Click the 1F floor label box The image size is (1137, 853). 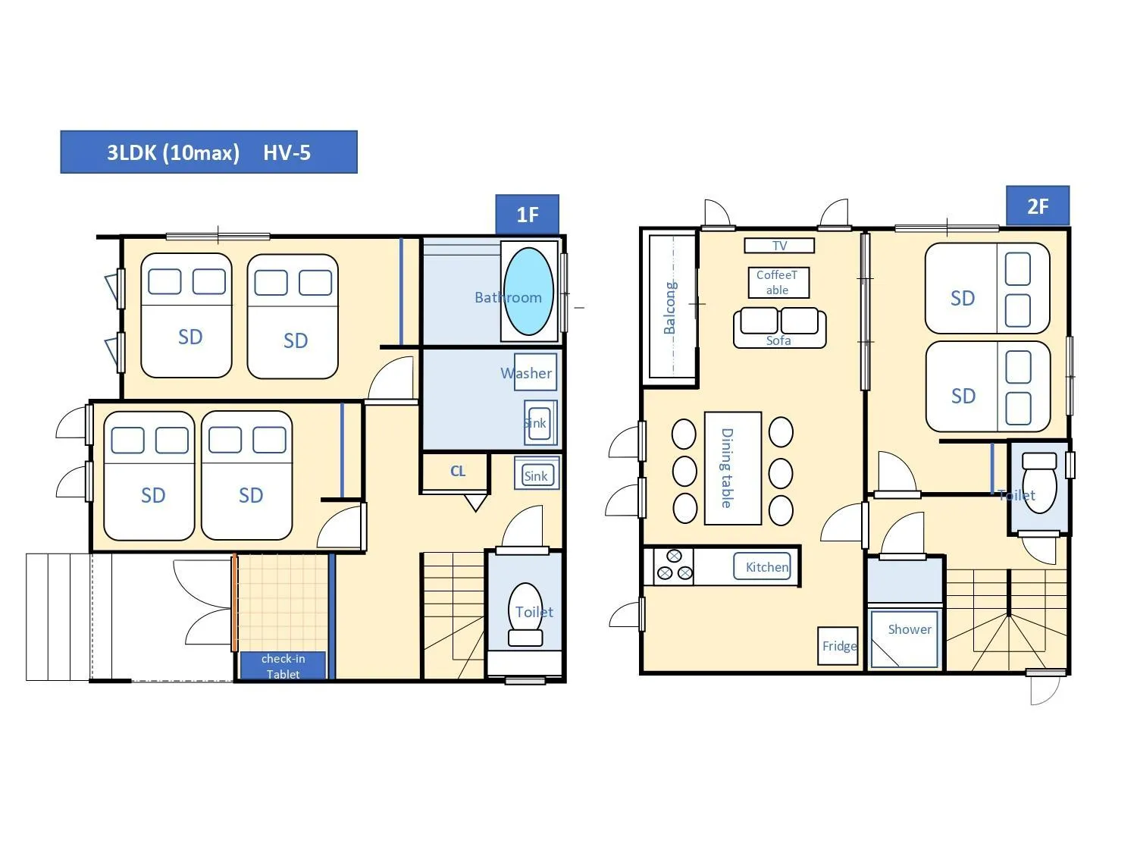coord(527,215)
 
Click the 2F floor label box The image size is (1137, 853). coord(1037,206)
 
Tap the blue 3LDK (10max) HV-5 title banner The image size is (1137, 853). coord(208,152)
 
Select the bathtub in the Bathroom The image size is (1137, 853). coord(528,292)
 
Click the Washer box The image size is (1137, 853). coord(536,372)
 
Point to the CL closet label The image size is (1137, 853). coord(457,472)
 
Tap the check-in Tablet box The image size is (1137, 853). coord(283,666)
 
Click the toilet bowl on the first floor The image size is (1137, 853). coord(525,614)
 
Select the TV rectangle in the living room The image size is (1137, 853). coord(779,246)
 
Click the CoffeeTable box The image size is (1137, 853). coord(778,283)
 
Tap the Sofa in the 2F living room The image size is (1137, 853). coord(779,326)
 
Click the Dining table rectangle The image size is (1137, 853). coord(732,468)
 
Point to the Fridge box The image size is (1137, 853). coord(838,646)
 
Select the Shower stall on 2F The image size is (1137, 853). coord(905,638)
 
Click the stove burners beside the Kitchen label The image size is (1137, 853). coord(673,566)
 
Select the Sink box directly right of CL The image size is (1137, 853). coord(537,475)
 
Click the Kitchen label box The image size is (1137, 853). coord(765,566)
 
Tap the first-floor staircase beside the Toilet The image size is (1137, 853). coord(453,614)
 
